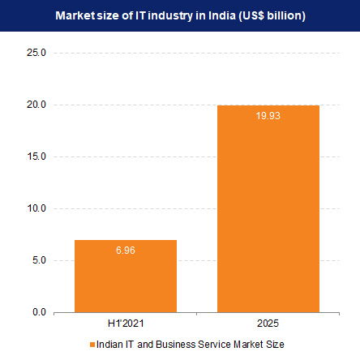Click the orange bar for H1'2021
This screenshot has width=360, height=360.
(x=126, y=276)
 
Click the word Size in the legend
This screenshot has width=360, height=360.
(x=275, y=344)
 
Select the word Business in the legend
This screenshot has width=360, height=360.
(x=176, y=344)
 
